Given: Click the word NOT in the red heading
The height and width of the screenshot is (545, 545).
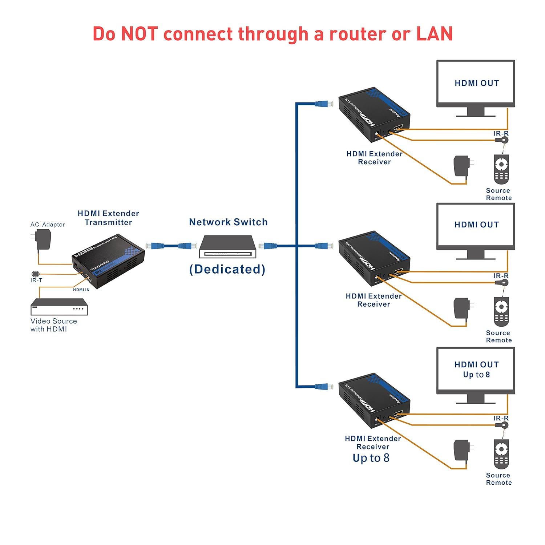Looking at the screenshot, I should coord(139,34).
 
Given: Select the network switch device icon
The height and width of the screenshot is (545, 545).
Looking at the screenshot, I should coord(227,247).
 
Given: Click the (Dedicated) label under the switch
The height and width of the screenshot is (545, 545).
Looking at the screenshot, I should coord(227,269).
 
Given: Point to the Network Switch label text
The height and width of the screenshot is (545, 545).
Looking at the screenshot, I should coord(228,222).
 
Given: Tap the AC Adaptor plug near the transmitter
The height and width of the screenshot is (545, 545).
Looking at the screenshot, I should coord(43,240).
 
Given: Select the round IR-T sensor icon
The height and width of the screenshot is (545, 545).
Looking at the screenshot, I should coord(35,274).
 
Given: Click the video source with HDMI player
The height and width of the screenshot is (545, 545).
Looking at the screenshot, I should coord(59,307).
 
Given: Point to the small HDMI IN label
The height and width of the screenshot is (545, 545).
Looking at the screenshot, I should coord(81,290).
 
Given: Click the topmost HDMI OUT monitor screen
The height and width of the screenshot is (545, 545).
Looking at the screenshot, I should coord(476,83).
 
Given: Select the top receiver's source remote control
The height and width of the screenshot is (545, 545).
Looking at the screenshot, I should coord(501,169).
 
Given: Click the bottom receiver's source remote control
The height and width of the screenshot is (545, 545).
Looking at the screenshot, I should coord(501,454).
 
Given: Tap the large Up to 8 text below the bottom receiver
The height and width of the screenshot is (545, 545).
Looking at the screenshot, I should coord(371,458).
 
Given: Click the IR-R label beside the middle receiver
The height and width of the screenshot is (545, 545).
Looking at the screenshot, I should coord(501,276).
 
